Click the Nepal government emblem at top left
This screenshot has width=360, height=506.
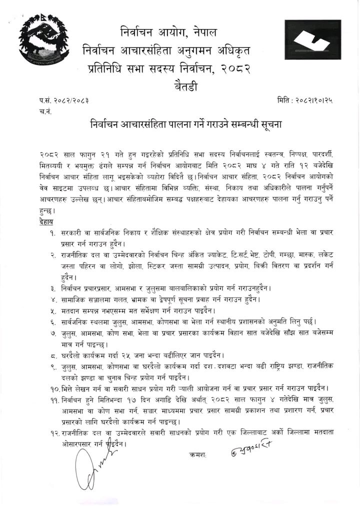[43, 44]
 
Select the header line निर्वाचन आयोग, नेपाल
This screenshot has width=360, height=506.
[169, 33]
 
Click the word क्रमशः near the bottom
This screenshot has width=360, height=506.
[197, 454]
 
